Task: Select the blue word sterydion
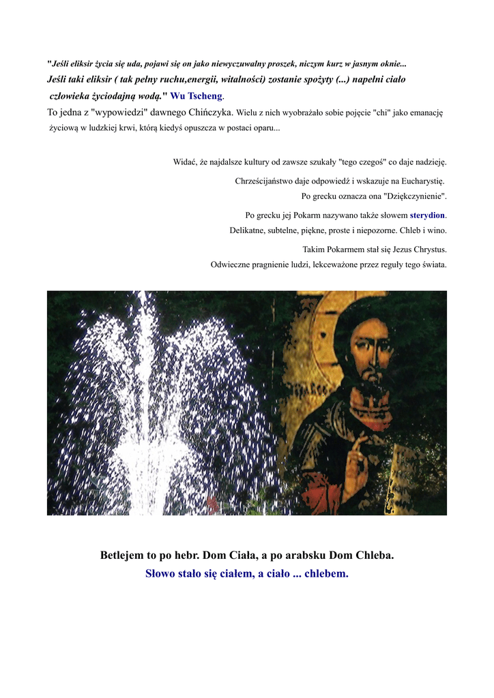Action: tap(427, 215)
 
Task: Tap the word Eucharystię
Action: tap(418, 181)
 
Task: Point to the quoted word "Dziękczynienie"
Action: tap(410, 196)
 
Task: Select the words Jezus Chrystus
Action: tap(420, 249)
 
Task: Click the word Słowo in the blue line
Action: tap(161, 574)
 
